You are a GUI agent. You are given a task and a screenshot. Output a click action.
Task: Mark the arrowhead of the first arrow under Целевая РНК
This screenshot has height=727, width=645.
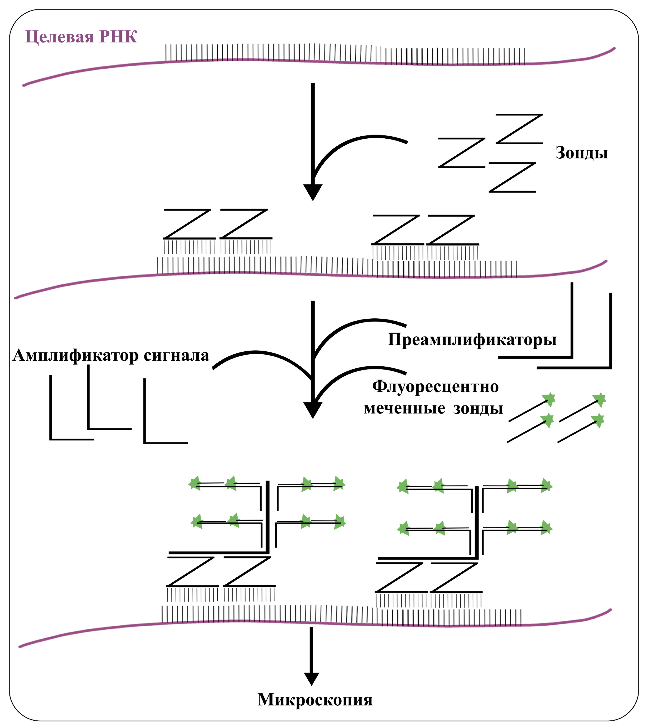[x=312, y=192]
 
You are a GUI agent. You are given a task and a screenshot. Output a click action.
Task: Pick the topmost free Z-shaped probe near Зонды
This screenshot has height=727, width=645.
[x=519, y=129]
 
